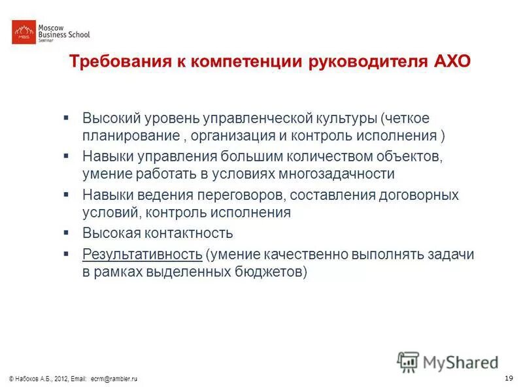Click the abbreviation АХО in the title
click(x=452, y=63)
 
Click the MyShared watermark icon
click(x=409, y=361)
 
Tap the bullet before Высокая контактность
click(x=66, y=231)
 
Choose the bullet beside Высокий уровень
click(x=66, y=118)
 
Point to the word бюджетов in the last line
click(x=269, y=271)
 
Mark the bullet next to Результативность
click(x=66, y=252)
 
